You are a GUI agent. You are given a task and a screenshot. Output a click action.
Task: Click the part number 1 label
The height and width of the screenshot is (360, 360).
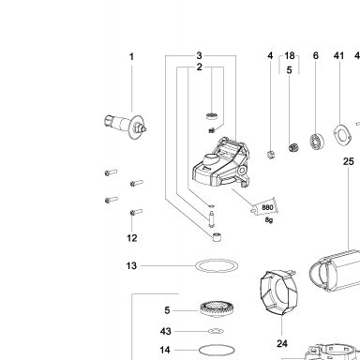click(131, 56)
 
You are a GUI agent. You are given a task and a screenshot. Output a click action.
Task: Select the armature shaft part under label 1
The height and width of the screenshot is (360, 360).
click(126, 125)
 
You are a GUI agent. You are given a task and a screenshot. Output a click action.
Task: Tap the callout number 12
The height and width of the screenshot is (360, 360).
click(132, 238)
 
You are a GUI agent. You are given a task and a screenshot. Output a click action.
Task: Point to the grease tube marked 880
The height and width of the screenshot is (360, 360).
click(264, 207)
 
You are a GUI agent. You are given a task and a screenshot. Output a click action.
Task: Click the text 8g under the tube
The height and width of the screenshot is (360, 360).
click(269, 220)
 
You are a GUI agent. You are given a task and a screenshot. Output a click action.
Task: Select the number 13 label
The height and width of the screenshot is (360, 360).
click(131, 266)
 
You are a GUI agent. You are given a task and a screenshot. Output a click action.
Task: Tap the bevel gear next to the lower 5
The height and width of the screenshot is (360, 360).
click(217, 309)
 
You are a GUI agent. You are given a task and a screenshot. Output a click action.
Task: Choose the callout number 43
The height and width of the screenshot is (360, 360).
click(165, 331)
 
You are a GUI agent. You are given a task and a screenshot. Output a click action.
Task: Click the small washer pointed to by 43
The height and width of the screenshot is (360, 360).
click(216, 331)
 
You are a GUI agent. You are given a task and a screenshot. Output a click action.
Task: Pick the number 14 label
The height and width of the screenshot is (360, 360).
click(165, 350)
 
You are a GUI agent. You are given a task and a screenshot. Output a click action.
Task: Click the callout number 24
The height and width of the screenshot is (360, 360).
click(282, 343)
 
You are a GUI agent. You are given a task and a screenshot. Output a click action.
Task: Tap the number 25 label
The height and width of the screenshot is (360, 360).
click(349, 161)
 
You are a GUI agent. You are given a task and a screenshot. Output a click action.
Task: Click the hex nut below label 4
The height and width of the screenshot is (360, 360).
click(271, 154)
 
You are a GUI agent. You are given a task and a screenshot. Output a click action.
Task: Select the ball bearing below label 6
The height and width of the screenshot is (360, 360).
click(317, 142)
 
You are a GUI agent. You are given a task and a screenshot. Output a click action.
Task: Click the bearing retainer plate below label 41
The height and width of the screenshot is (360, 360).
click(343, 135)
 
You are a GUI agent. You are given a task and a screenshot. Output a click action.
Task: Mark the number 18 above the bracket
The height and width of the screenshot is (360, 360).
click(290, 55)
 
